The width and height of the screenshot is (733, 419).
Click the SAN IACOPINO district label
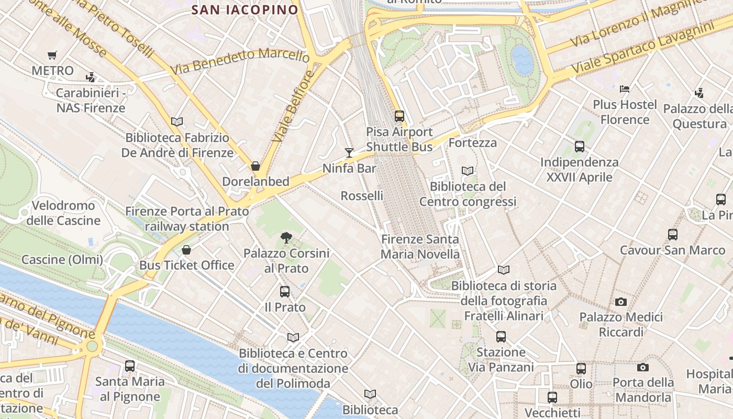click(245, 9)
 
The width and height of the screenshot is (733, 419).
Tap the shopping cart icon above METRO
click(52, 55)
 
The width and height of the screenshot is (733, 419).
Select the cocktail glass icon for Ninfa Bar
click(349, 153)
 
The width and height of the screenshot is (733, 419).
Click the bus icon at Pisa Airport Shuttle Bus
click(399, 116)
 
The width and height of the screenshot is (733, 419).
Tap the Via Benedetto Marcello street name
click(240, 61)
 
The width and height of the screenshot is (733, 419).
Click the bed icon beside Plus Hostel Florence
click(625, 89)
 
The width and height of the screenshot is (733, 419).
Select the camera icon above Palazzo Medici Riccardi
click(621, 302)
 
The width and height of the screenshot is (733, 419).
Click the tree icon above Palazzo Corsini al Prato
click(286, 238)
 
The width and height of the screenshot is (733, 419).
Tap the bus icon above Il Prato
click(285, 292)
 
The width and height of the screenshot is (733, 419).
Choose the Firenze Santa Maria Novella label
click(420, 247)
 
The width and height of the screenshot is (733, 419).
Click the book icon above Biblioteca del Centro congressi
click(468, 171)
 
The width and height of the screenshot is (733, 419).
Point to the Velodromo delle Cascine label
click(63, 213)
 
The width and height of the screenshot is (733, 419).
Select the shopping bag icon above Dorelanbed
click(256, 167)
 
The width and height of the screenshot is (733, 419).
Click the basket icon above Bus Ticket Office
click(186, 250)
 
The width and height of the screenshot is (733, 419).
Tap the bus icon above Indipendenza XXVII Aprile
click(580, 147)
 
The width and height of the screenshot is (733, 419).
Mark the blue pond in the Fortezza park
click(522, 59)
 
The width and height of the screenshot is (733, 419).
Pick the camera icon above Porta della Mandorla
click(643, 368)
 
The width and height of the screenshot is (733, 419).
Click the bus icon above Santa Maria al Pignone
click(130, 366)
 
